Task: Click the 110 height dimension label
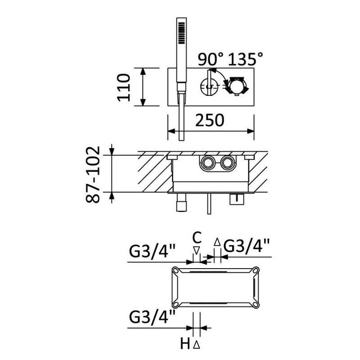tap(124, 87)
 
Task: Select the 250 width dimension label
tap(209, 120)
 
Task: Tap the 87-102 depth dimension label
tap(93, 175)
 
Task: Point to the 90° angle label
tap(210, 59)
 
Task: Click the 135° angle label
tap(245, 59)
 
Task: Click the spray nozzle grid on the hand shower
tap(181, 33)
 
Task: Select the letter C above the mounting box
tap(197, 238)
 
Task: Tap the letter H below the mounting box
tap(185, 344)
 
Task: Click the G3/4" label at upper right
tap(246, 246)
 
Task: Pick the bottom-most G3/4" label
tap(152, 317)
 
